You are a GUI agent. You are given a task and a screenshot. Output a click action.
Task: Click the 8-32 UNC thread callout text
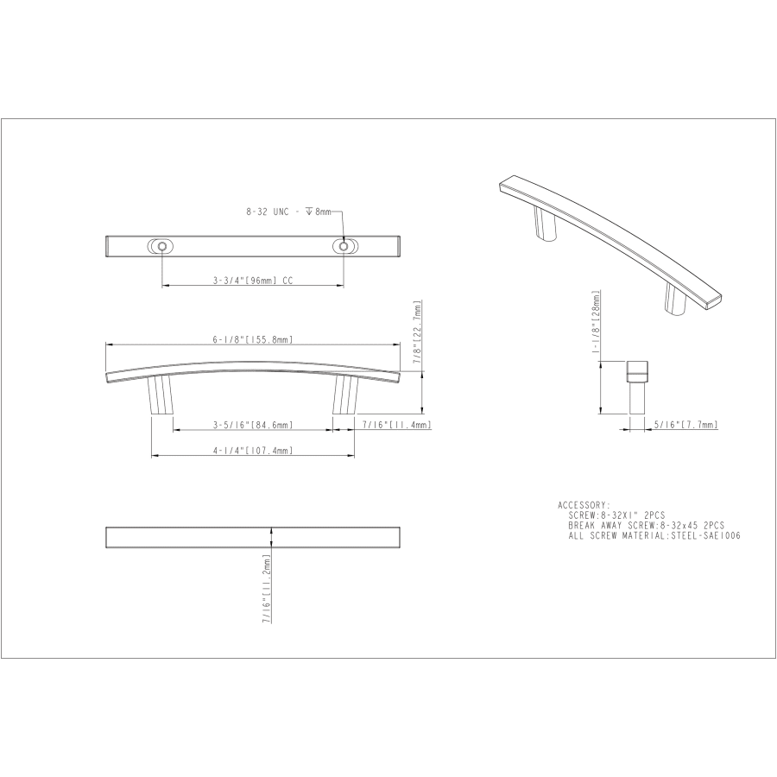click(x=288, y=212)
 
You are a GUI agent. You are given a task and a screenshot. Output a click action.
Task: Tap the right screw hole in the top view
click(x=345, y=247)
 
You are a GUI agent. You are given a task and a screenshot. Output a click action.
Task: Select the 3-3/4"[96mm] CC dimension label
click(x=253, y=280)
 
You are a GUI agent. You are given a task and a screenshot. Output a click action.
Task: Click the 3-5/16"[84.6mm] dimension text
click(x=253, y=425)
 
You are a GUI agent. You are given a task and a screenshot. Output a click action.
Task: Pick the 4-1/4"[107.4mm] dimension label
click(x=253, y=450)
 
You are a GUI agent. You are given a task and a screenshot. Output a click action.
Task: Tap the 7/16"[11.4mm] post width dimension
click(x=395, y=425)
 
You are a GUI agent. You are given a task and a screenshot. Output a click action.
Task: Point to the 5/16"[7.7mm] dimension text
click(x=685, y=425)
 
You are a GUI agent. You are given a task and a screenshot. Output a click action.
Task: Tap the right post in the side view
click(x=344, y=395)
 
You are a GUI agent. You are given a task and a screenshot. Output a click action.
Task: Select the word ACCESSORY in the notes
click(x=584, y=505)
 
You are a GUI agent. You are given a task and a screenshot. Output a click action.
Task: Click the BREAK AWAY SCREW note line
click(x=646, y=525)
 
